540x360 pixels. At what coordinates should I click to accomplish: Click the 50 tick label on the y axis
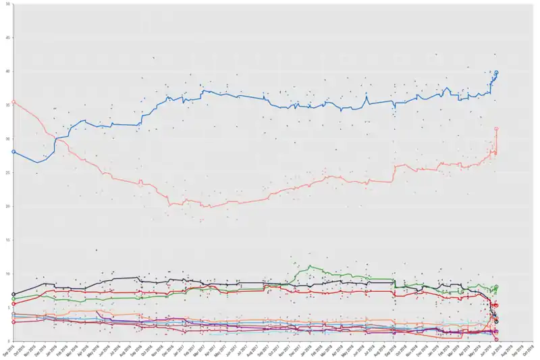[x=7, y=4]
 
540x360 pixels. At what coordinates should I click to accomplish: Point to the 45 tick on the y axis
[x=7, y=38]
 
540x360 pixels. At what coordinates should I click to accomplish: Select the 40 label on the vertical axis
[x=7, y=72]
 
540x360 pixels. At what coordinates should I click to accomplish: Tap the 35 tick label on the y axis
[x=7, y=105]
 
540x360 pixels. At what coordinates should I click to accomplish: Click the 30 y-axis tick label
[x=7, y=139]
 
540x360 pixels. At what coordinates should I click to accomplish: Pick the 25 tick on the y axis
[x=7, y=173]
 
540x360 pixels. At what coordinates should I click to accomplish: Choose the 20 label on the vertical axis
[x=7, y=207]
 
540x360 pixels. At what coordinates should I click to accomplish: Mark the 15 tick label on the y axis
[x=7, y=240]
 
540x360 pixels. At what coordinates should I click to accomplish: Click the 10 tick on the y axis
[x=7, y=274]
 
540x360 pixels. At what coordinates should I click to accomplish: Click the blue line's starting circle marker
[x=13, y=152]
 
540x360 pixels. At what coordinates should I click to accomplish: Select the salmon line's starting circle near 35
[x=13, y=102]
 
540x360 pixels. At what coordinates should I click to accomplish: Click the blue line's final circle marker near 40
[x=496, y=72]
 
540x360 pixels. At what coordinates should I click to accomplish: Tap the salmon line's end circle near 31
[x=496, y=128]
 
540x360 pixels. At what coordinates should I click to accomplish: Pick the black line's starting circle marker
[x=13, y=294]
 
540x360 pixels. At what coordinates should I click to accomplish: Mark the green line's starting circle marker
[x=13, y=299]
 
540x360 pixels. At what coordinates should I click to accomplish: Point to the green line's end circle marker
[x=496, y=287]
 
